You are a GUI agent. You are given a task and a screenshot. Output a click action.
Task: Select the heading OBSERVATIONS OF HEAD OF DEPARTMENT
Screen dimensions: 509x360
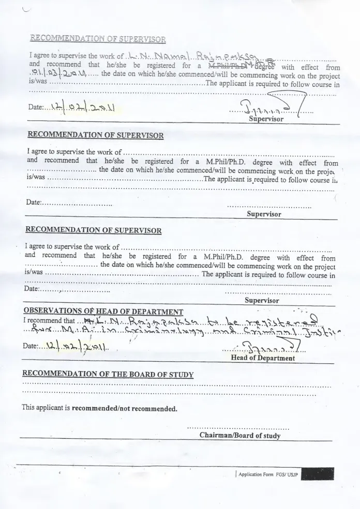point(103,311)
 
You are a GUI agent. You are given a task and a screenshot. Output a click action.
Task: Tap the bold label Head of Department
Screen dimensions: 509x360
point(263,358)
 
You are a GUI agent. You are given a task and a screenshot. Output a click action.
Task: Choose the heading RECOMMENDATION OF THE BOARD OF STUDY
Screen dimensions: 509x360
point(108,374)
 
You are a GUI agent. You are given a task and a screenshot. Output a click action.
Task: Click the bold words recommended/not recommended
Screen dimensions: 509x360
point(124,408)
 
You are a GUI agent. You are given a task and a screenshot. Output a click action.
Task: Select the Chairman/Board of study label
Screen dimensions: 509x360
point(240,436)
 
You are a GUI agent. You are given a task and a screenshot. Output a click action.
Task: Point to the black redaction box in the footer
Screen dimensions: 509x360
point(317,474)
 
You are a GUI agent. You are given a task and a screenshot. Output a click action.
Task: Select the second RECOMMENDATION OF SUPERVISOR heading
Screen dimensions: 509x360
point(95,135)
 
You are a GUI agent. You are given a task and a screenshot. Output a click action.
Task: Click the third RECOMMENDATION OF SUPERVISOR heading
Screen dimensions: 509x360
point(93,229)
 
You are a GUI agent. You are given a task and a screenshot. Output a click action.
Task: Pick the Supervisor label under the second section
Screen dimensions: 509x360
point(264,214)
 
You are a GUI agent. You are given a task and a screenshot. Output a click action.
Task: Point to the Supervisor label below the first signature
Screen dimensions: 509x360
point(266,119)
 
